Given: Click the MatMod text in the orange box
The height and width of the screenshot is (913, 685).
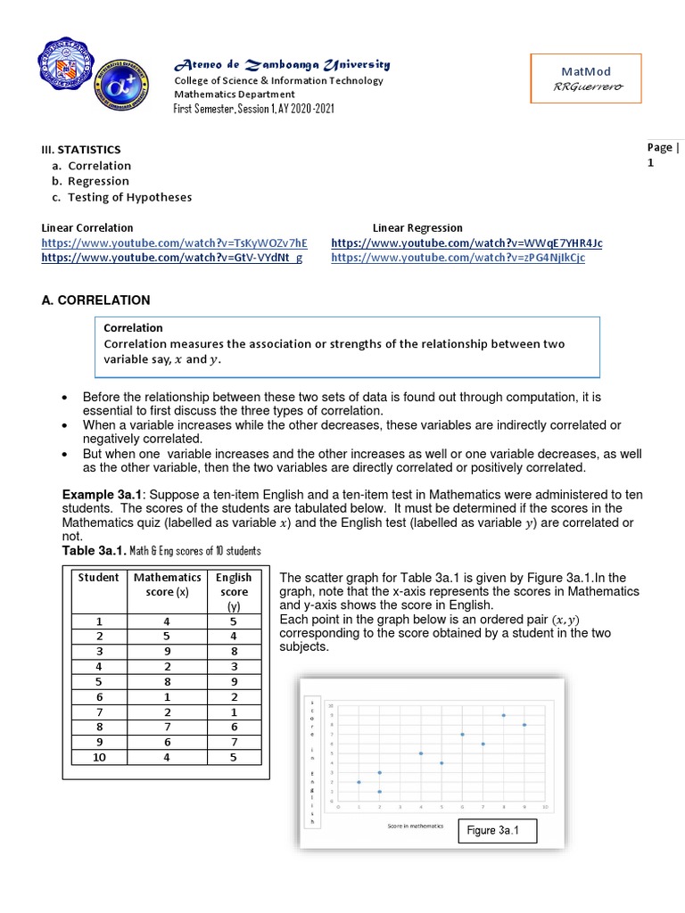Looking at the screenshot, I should (x=587, y=70).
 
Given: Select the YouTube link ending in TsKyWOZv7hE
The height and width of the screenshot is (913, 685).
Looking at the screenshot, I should (x=175, y=243).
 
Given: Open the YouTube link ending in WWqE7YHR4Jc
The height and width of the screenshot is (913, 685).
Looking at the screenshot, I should (x=466, y=243).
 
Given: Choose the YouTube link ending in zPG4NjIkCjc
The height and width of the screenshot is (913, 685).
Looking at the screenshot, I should (x=466, y=259).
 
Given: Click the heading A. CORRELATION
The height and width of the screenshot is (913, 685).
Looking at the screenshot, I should (x=96, y=300).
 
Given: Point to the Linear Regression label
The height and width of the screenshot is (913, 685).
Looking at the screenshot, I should (x=417, y=228).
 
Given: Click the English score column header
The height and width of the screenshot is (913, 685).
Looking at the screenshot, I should (x=235, y=591).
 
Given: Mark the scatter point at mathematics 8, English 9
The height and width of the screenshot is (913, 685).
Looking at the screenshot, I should (x=503, y=715).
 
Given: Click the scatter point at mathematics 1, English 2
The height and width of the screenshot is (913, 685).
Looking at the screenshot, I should (x=359, y=782).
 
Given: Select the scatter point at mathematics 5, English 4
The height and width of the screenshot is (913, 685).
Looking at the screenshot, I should (x=442, y=763).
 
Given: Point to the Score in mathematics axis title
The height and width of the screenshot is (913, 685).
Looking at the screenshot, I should (x=415, y=827).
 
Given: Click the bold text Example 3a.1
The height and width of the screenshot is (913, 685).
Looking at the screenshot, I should (x=95, y=495).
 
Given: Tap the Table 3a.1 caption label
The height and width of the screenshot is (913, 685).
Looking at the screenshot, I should (x=95, y=551).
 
